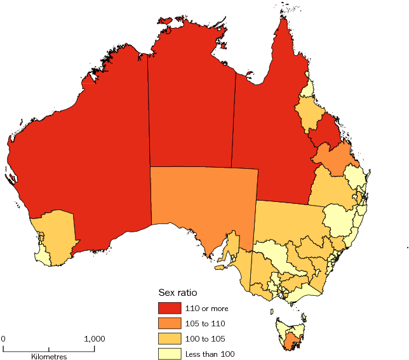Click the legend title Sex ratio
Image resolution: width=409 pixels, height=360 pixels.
click(177, 293)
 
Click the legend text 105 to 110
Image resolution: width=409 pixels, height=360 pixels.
click(206, 323)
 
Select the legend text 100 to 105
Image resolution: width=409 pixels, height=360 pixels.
click(206, 338)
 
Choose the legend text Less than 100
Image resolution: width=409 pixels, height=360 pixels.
click(209, 353)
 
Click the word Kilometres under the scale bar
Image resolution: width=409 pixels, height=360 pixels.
click(50, 357)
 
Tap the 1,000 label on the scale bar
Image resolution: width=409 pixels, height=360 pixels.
click(95, 338)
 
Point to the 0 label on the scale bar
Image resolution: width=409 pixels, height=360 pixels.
click(3, 338)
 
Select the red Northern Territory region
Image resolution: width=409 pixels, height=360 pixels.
click(191, 108)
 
